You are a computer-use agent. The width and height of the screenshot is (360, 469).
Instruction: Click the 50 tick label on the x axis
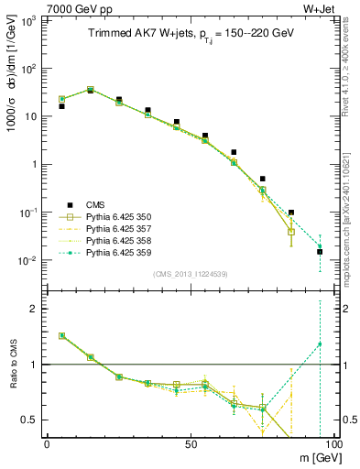click(x=191, y=444)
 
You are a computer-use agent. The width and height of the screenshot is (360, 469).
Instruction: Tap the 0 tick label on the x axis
click(x=47, y=444)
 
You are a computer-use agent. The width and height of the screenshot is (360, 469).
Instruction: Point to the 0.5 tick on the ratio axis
click(x=32, y=420)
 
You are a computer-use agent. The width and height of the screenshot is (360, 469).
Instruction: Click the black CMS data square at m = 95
click(x=320, y=252)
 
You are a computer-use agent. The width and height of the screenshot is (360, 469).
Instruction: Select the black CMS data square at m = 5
click(x=61, y=106)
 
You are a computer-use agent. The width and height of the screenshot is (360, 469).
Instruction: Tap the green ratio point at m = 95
click(x=320, y=344)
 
